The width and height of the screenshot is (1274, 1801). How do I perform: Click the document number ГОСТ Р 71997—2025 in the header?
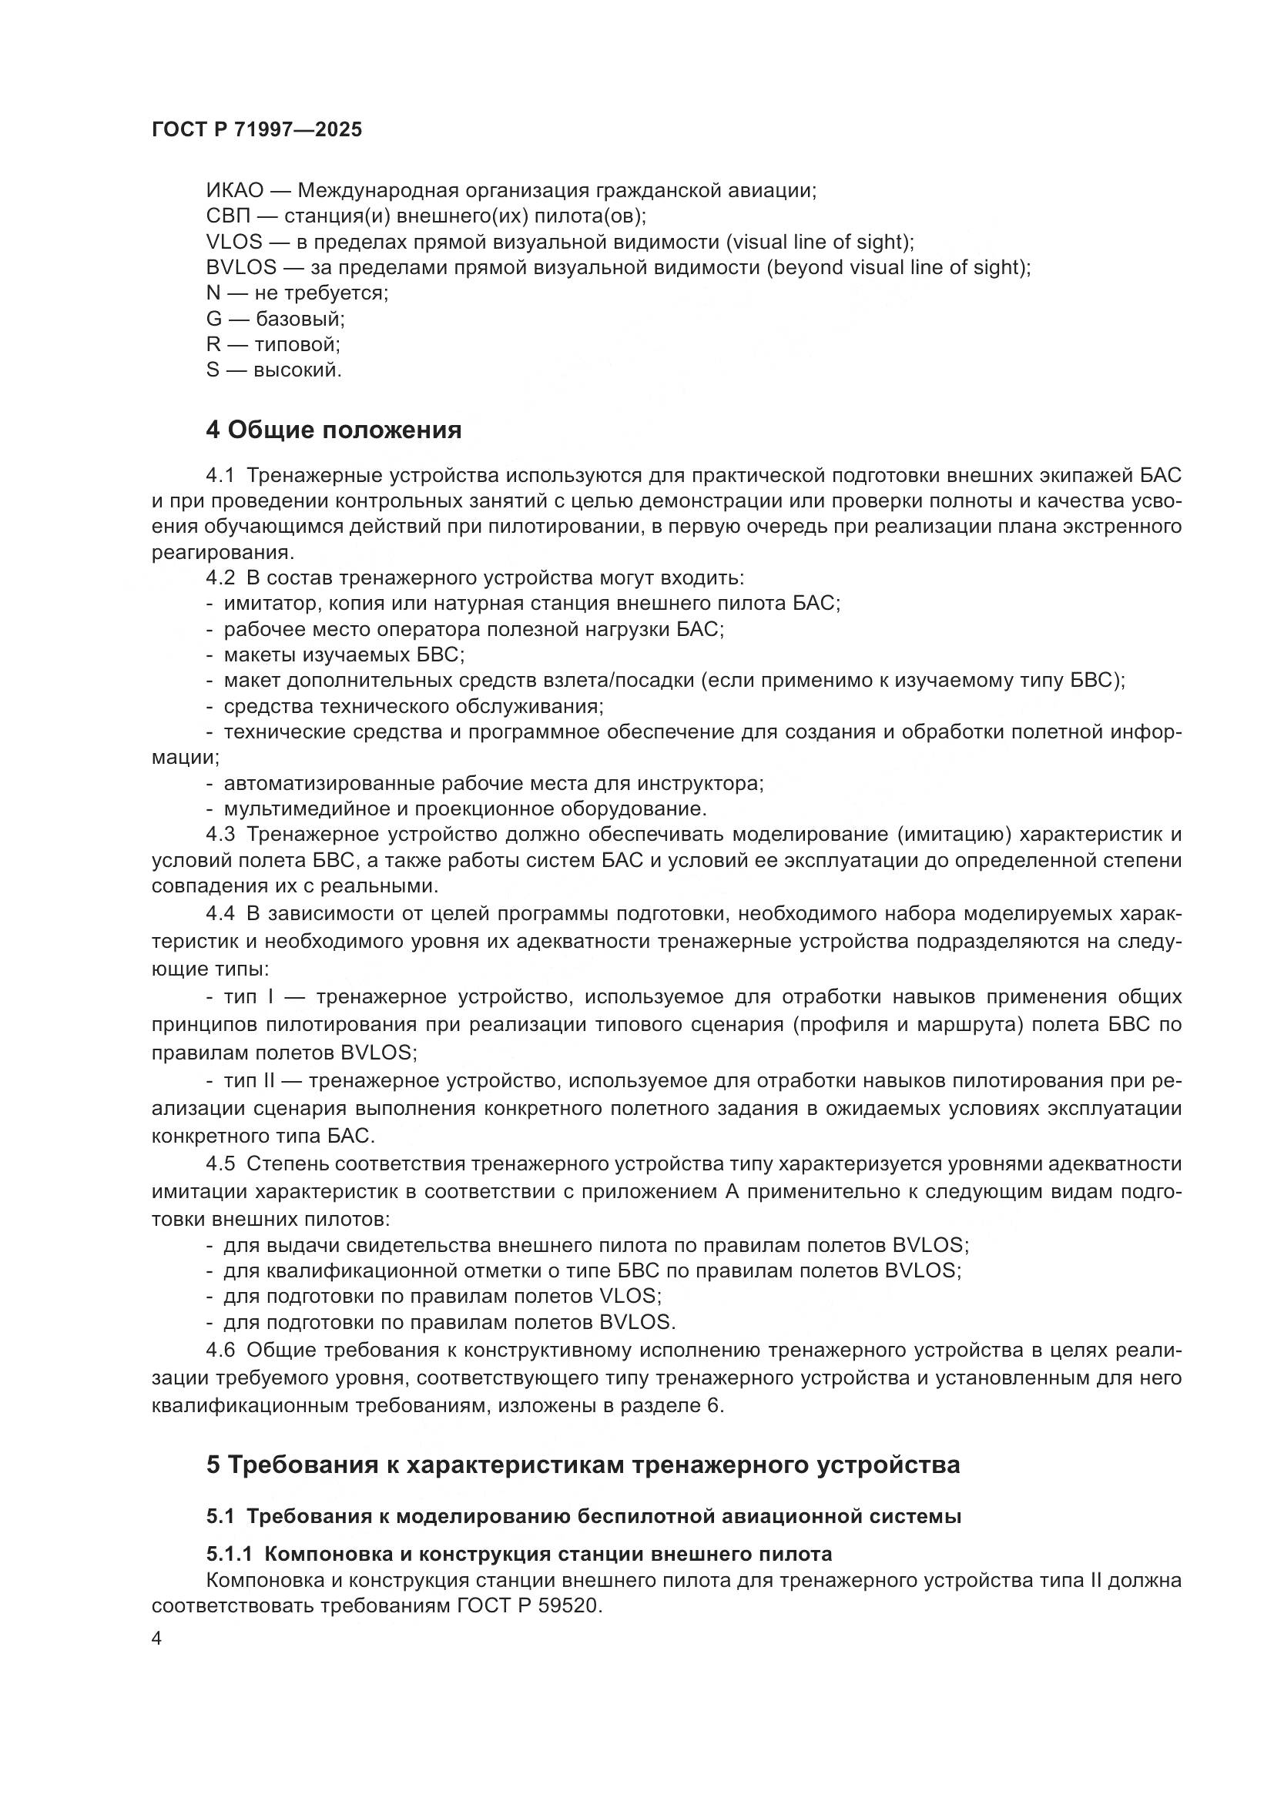(x=256, y=130)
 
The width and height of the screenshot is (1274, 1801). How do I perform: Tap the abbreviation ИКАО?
(x=235, y=191)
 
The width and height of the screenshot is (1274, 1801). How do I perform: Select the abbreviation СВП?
(x=227, y=216)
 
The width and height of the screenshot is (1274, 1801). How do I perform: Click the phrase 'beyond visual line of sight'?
(x=896, y=267)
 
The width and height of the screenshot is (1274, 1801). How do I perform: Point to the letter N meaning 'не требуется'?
(x=213, y=293)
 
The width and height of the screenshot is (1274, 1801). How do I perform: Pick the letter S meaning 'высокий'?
(x=213, y=370)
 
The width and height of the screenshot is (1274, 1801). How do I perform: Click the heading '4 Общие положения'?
(x=334, y=430)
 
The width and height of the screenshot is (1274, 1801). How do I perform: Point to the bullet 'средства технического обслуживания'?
(x=413, y=706)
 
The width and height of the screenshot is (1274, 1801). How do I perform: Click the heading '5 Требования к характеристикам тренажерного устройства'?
(x=583, y=1465)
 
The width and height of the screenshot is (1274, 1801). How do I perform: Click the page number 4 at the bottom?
(x=157, y=1639)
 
